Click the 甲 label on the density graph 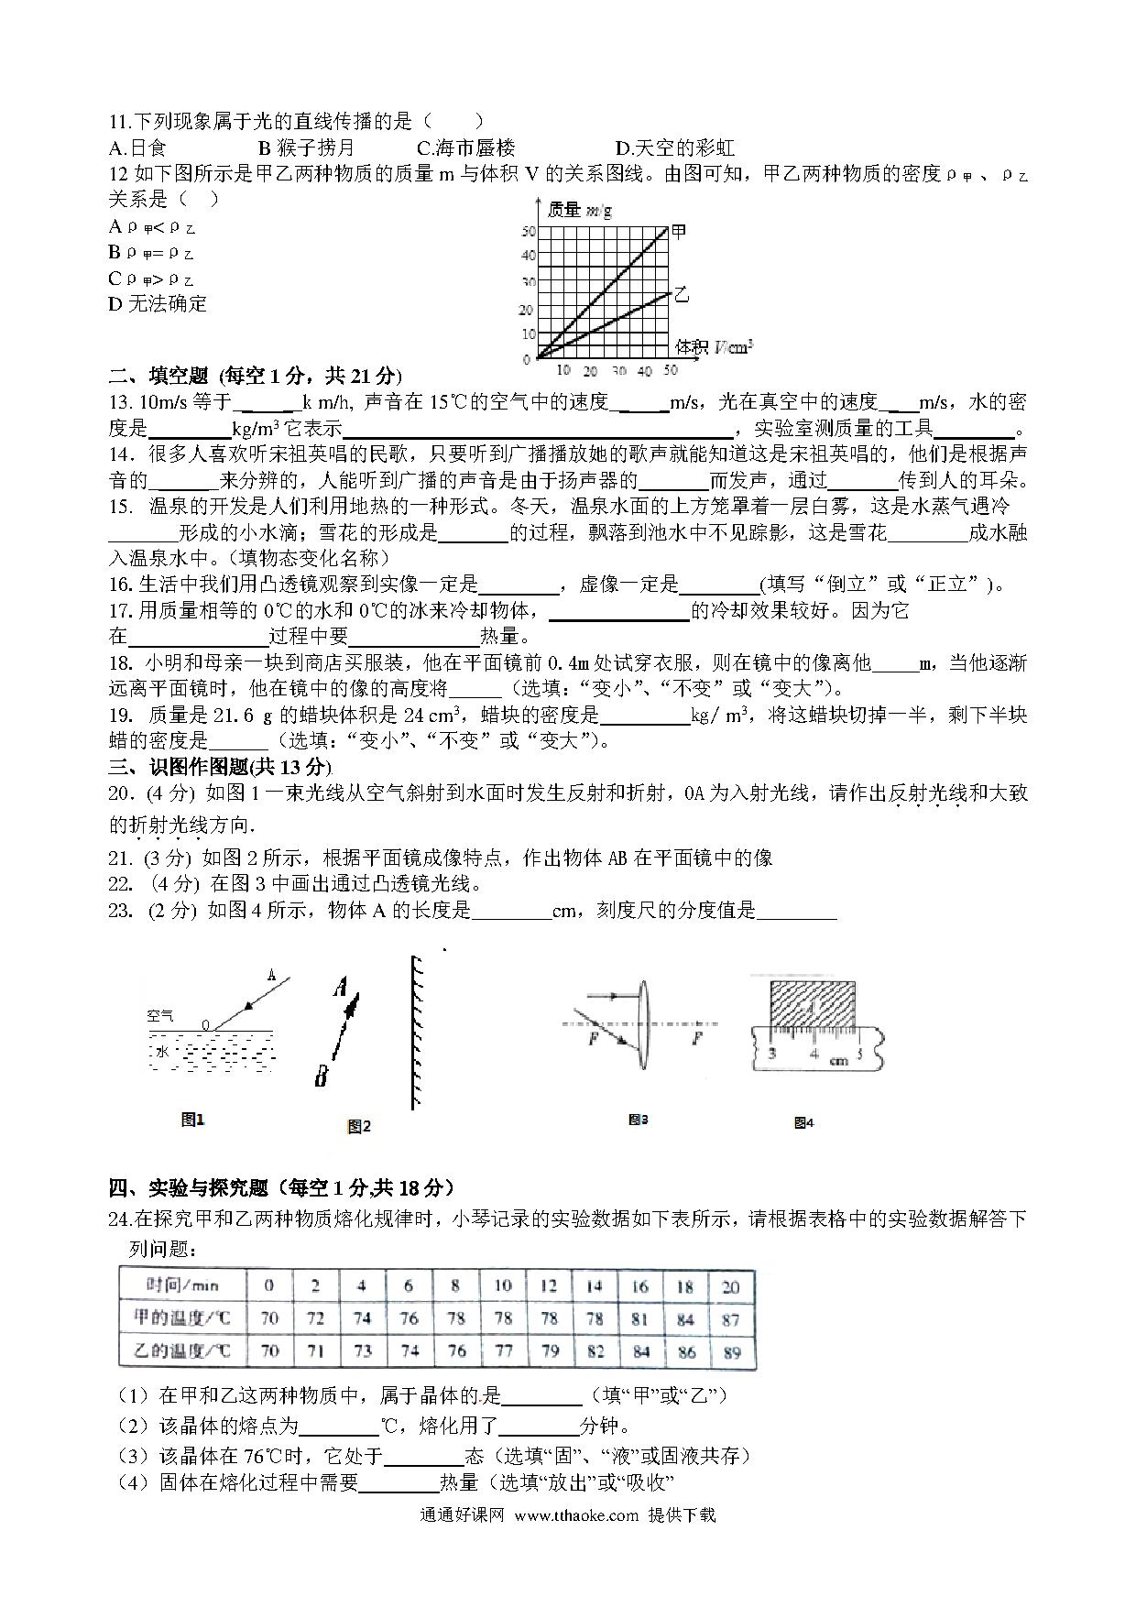[679, 231]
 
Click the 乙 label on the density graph [681, 295]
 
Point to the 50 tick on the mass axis [528, 232]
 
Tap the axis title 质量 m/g [579, 210]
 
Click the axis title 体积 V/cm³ [714, 346]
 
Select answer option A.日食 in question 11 [137, 148]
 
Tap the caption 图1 [192, 1120]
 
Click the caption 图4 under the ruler [803, 1122]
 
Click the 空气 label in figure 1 [160, 1015]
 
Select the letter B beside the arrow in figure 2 [321, 1077]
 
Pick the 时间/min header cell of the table [181, 1285]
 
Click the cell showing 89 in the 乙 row [731, 1352]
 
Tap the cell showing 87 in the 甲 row [731, 1319]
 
